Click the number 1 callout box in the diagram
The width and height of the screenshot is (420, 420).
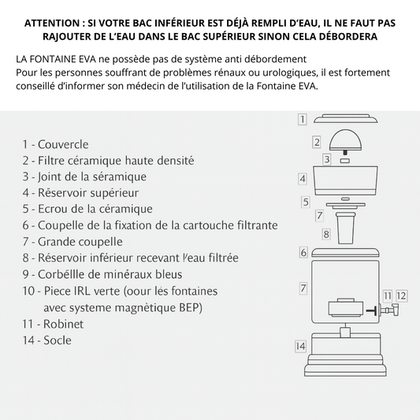click(x=302, y=120)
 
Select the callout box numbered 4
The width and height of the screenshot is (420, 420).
click(x=303, y=179)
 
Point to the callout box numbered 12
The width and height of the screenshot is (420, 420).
click(x=402, y=295)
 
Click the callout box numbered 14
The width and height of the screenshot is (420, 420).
click(x=300, y=346)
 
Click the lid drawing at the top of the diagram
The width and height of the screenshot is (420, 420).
click(x=346, y=119)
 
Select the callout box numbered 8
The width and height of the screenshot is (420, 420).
click(x=325, y=234)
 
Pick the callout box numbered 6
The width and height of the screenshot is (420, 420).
click(x=303, y=252)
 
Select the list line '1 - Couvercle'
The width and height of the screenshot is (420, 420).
click(x=55, y=144)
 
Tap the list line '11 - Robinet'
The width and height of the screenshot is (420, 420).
click(x=53, y=324)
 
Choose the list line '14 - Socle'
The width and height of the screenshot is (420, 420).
click(x=47, y=340)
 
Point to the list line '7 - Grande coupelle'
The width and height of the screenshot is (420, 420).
click(x=72, y=242)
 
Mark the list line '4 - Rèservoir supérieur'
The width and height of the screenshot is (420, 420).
click(x=80, y=192)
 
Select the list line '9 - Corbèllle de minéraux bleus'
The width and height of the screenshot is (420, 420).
click(x=102, y=274)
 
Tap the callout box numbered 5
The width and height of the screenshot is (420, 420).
click(x=306, y=202)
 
